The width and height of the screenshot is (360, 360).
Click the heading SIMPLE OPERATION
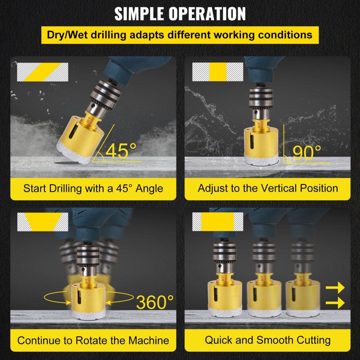180,14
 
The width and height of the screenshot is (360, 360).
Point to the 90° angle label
307,153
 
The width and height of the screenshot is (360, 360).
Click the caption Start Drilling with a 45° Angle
93,188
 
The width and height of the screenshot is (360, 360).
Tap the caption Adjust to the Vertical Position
267,188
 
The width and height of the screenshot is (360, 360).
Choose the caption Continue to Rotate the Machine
93,340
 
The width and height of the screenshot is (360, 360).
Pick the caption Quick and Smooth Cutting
267,340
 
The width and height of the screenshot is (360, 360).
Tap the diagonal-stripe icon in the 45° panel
42,72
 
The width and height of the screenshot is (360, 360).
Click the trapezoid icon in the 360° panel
42,222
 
